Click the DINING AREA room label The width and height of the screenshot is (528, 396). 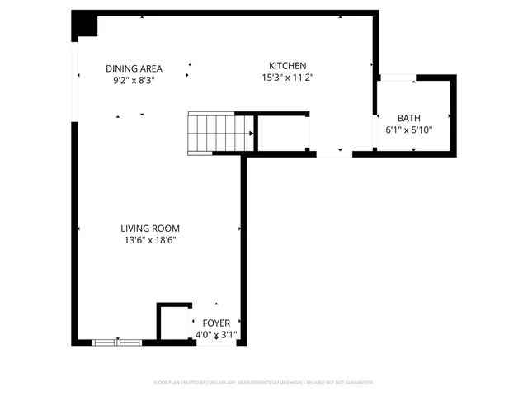(x=134, y=68)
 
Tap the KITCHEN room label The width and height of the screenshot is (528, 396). (x=288, y=65)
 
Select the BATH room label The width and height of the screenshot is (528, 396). (x=408, y=118)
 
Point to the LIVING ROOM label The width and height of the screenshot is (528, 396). (x=149, y=229)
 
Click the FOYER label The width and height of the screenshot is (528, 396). (x=216, y=323)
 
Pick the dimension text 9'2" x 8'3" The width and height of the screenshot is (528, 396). (x=134, y=81)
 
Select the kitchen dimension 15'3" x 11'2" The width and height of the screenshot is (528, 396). (x=288, y=78)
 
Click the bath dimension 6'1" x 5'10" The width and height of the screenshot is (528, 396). (x=408, y=130)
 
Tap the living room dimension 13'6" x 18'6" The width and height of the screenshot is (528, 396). (x=149, y=241)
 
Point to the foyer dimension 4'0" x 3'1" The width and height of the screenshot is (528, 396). (x=216, y=335)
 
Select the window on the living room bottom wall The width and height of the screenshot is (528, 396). (x=116, y=342)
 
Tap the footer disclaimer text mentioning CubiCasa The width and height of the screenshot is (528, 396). (x=264, y=383)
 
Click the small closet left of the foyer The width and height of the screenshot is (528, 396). (x=173, y=323)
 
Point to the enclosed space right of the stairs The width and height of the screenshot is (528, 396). (x=283, y=133)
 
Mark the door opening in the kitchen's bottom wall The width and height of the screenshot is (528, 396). (x=334, y=153)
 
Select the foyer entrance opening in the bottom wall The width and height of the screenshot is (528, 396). (x=216, y=342)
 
